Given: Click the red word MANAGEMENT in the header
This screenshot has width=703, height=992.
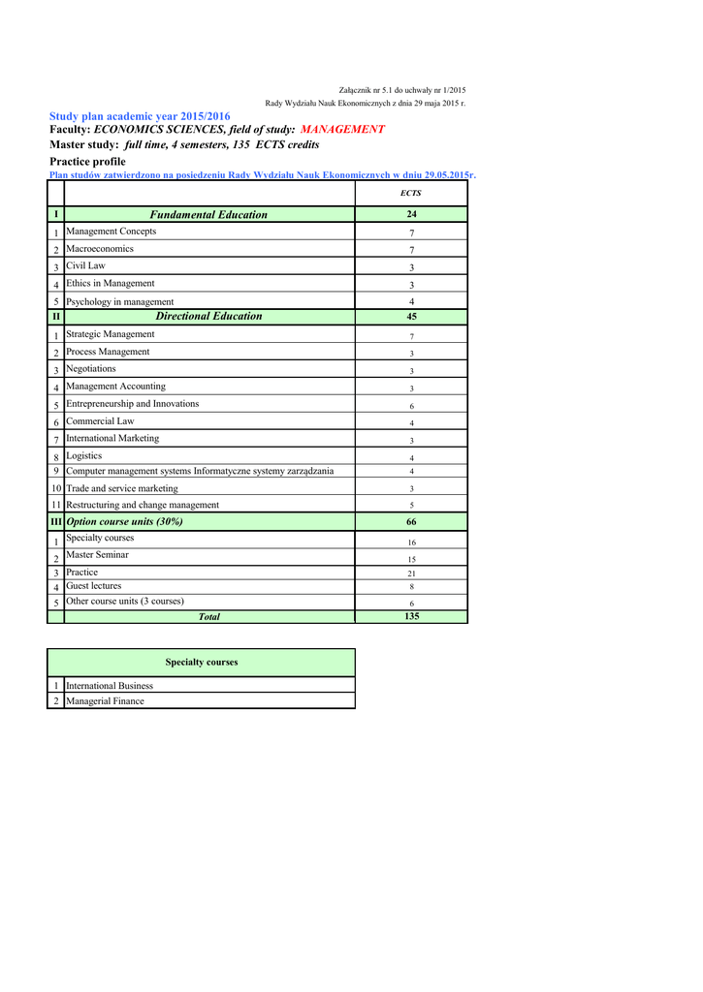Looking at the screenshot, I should pos(342,129).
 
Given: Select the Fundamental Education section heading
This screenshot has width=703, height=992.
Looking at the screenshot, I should pos(208,215).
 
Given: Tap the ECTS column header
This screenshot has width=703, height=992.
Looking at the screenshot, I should pos(411,194).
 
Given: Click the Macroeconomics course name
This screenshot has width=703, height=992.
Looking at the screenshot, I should pos(100,249).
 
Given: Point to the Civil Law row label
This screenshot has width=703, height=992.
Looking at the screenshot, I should pos(86,265).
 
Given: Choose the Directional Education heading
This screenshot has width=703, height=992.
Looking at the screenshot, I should pos(208,316).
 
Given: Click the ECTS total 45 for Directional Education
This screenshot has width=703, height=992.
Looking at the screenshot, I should pos(411,316).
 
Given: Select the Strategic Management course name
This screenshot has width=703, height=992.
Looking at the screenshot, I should pos(111,334).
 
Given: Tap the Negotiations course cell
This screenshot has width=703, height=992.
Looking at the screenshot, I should pos(91,369).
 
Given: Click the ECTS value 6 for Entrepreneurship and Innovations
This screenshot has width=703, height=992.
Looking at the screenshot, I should pos(411,406).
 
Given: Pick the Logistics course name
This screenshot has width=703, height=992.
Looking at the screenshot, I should pos(84,455).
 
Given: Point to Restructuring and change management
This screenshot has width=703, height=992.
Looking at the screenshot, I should pos(143,505).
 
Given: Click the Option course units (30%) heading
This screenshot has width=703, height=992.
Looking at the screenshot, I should pos(124,521).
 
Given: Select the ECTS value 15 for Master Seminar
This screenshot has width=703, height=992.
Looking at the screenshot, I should pos(411,559).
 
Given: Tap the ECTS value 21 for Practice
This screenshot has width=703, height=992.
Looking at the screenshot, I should pos(411,573).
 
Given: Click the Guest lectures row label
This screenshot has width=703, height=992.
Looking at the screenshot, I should pos(94,586).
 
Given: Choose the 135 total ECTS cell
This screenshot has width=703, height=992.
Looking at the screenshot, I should pos(411,616).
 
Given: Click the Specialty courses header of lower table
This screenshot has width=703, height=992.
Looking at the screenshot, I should pos(202,663).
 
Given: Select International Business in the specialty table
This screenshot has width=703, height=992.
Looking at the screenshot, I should pos(110,686).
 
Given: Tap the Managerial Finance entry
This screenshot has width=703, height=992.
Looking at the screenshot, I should pos(105,701).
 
